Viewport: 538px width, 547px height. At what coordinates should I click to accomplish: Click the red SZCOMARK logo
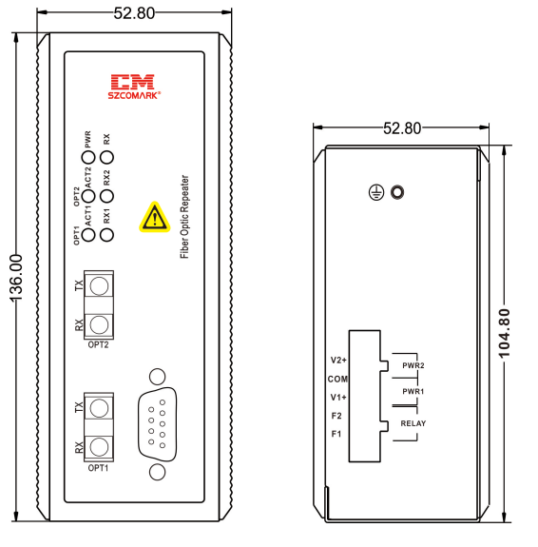point(134,87)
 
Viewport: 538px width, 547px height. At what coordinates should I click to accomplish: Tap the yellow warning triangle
point(155,218)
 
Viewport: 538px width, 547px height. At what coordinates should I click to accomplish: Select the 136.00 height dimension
point(16,278)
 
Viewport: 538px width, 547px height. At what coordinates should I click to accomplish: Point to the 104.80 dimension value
point(505,334)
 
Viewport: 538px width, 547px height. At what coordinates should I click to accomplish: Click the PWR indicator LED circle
point(88,157)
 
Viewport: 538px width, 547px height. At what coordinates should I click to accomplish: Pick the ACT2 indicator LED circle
point(88,196)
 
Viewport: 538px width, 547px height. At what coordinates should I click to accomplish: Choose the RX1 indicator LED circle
point(106,234)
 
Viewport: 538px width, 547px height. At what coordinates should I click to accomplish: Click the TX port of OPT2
point(99,286)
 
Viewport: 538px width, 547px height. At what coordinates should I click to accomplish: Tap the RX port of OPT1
point(99,447)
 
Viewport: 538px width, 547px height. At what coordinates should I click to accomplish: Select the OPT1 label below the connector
point(98,468)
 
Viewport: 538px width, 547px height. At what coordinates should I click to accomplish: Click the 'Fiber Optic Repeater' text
point(184,217)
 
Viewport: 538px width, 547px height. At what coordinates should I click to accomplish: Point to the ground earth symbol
point(376,192)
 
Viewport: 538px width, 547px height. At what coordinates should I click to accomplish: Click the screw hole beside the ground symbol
point(397,192)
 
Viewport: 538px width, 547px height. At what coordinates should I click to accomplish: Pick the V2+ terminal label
point(338,360)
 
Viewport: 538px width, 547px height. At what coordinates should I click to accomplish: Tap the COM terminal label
point(337,379)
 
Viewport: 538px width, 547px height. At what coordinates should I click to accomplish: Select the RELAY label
point(413,423)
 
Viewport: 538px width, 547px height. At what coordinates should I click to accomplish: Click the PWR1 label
point(413,391)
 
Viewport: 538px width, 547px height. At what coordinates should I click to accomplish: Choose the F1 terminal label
point(336,434)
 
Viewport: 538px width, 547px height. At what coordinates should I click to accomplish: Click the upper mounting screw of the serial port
point(157,377)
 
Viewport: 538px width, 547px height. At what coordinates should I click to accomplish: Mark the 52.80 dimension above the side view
point(402,128)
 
